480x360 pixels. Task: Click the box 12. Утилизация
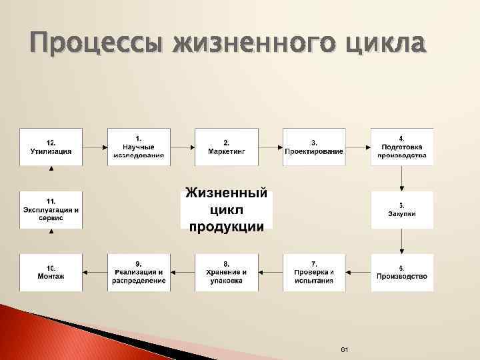51,147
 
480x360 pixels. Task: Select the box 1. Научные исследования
139,147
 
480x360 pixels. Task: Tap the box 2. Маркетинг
226,147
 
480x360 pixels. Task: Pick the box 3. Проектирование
314,147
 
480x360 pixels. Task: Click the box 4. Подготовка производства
401,147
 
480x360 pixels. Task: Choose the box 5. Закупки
401,209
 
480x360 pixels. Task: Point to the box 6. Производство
401,272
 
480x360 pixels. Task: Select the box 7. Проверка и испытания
314,272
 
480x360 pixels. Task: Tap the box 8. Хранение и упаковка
226,272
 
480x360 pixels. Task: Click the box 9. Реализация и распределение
139,272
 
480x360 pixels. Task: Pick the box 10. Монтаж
51,272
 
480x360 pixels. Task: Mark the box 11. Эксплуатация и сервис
51,209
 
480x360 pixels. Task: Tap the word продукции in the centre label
226,226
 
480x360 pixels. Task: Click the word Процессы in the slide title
93,45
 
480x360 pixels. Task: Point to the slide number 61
345,350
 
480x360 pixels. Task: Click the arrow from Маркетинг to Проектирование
270,147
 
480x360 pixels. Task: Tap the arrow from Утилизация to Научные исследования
95,147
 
